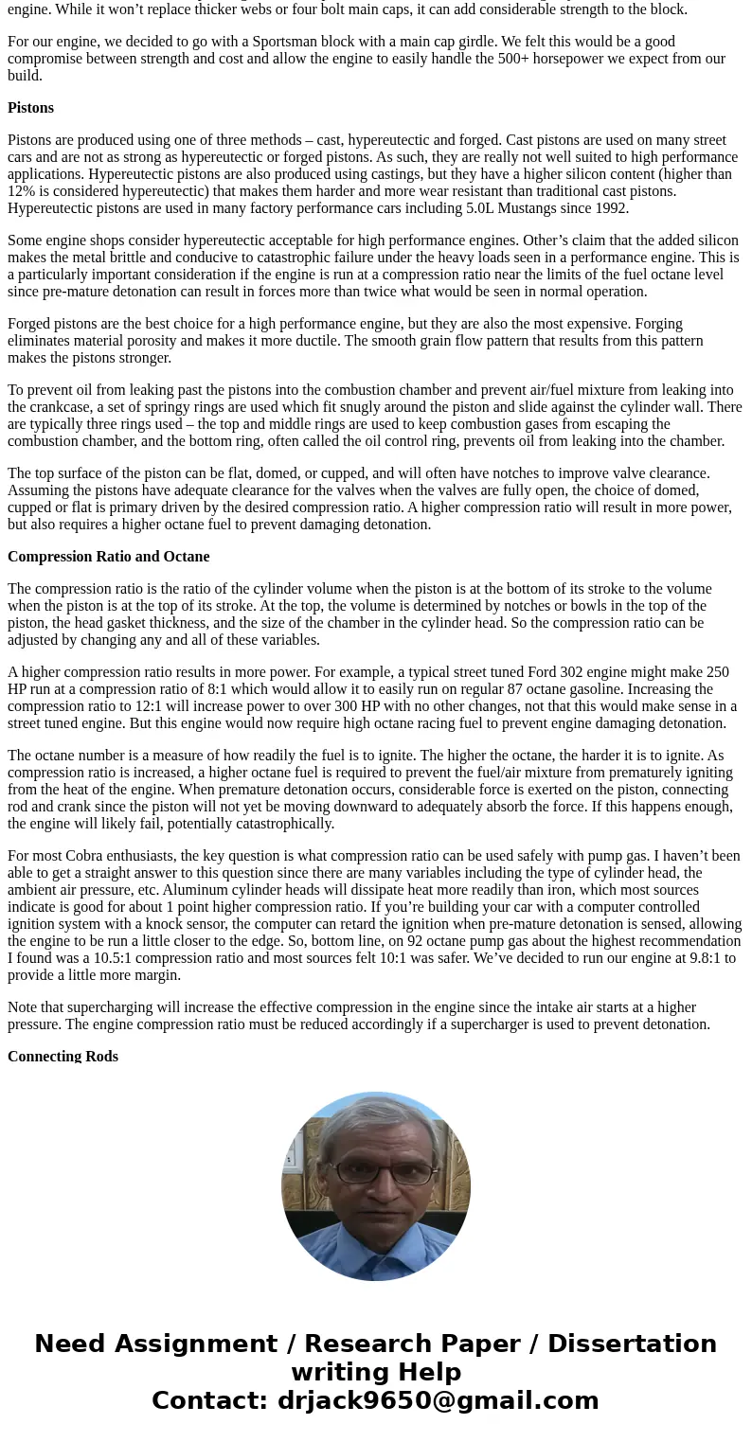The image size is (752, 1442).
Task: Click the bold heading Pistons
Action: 30,108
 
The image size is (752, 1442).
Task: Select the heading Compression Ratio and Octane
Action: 108,557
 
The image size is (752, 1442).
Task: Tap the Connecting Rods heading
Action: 63,1057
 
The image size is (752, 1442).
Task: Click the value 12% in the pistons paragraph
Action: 22,191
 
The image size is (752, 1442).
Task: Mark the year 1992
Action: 612,208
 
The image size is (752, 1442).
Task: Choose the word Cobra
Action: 85,856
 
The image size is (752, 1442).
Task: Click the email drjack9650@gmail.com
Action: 438,1401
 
